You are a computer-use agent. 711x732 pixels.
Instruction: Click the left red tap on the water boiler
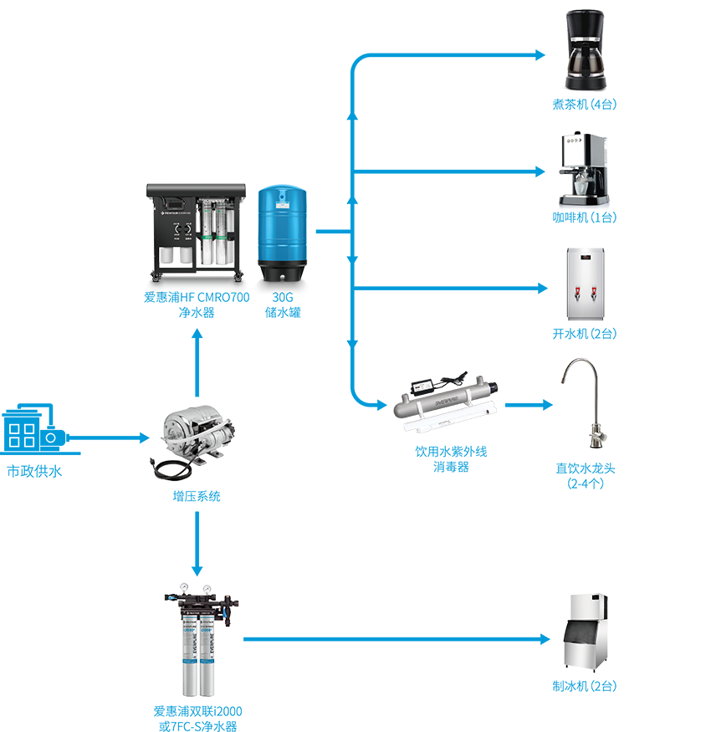(x=575, y=294)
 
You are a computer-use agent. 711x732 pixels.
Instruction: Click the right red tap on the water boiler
(x=594, y=294)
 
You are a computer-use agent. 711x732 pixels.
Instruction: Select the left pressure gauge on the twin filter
(x=181, y=596)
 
